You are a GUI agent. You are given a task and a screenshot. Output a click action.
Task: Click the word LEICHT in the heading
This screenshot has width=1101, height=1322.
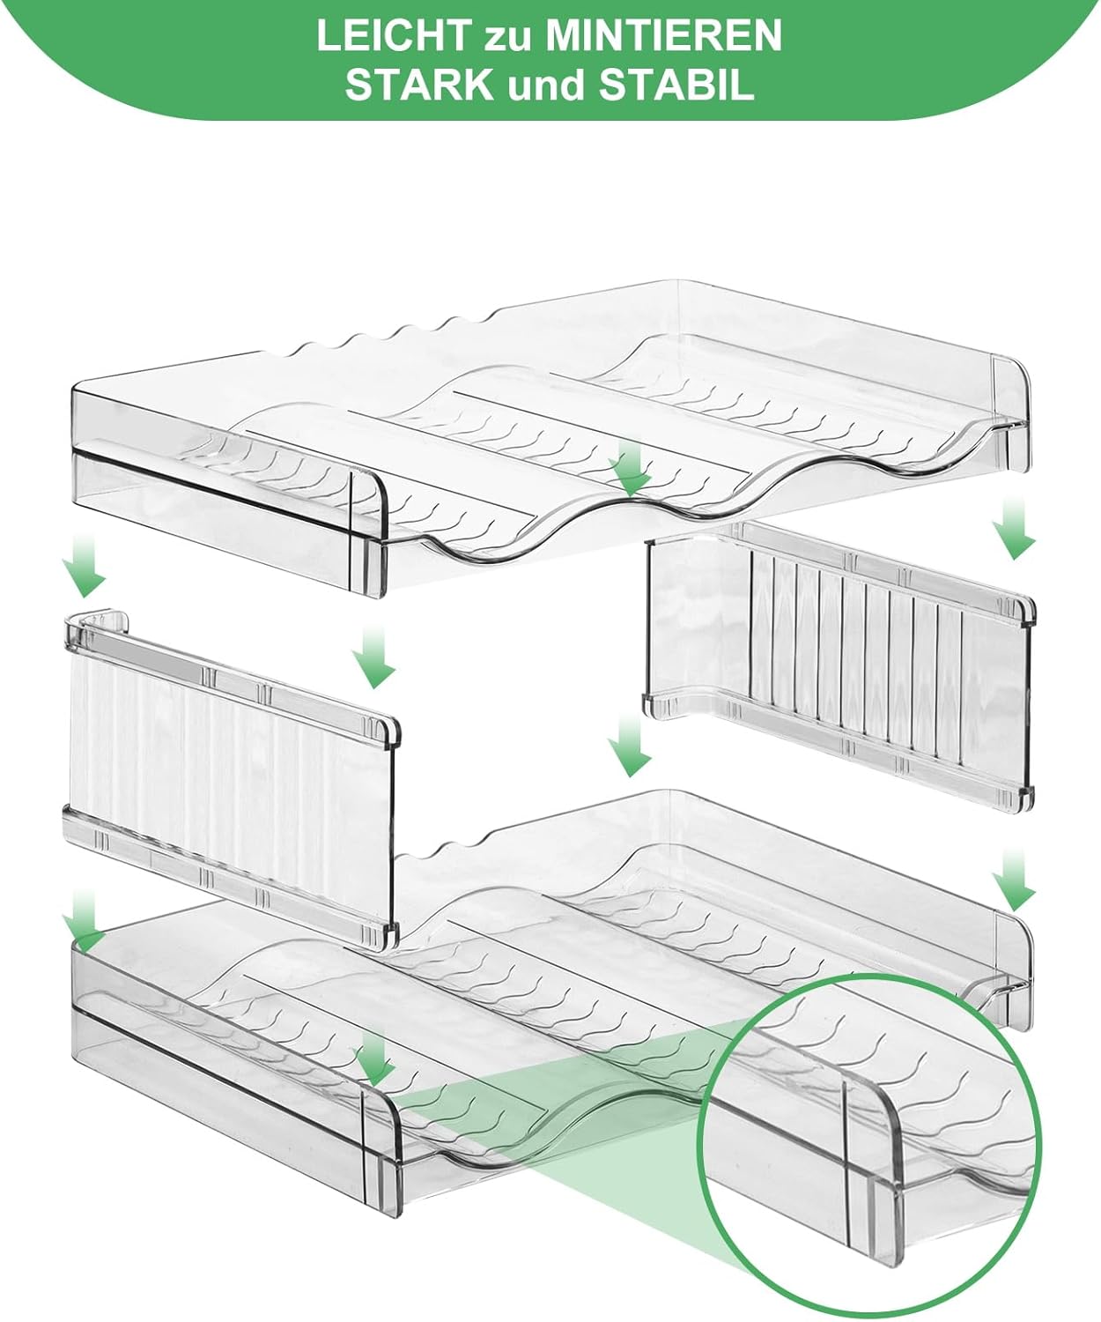[395, 36]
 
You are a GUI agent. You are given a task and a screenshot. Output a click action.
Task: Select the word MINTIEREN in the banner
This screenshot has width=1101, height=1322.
[664, 36]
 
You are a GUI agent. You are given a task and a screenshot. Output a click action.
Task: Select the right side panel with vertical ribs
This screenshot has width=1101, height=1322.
[839, 665]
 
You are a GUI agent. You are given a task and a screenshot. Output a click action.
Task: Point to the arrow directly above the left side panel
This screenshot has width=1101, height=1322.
[84, 566]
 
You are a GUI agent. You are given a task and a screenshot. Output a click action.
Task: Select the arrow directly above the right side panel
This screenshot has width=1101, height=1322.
[1013, 528]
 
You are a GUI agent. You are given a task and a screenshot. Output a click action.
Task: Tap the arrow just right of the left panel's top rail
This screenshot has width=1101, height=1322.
[374, 656]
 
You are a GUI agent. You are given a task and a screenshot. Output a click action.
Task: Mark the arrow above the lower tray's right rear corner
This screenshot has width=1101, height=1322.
[1013, 880]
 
